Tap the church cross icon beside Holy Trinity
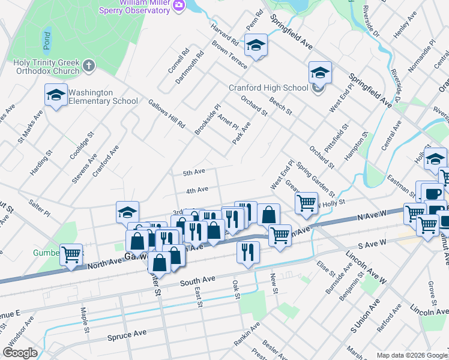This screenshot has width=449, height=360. (x=89, y=65)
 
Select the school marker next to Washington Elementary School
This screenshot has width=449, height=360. (x=56, y=95)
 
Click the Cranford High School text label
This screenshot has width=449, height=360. (x=268, y=88)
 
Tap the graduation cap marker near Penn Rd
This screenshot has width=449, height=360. (x=256, y=46)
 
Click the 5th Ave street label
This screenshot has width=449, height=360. (x=194, y=172)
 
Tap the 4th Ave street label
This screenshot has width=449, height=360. (x=197, y=190)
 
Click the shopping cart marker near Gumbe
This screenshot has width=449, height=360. (x=71, y=255)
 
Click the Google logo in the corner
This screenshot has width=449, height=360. (x=20, y=353)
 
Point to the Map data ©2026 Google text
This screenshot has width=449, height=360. (x=412, y=355)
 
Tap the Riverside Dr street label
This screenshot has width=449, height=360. (x=371, y=22)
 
